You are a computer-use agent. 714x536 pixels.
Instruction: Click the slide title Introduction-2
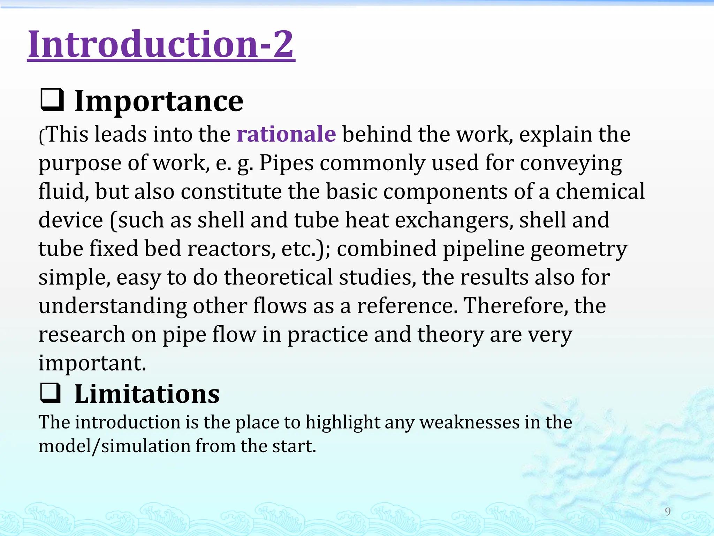click(x=161, y=44)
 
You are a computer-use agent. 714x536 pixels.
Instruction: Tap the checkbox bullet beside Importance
click(x=52, y=100)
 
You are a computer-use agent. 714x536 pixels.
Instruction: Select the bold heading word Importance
click(x=159, y=101)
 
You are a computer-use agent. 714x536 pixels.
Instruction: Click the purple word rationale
click(x=286, y=134)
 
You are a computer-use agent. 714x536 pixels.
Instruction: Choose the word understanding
click(x=113, y=306)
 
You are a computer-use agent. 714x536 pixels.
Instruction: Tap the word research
click(x=82, y=335)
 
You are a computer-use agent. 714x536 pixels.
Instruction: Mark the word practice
click(x=327, y=335)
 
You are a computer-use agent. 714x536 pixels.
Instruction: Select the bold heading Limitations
click(x=147, y=394)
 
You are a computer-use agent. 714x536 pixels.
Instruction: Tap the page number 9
click(x=668, y=512)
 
